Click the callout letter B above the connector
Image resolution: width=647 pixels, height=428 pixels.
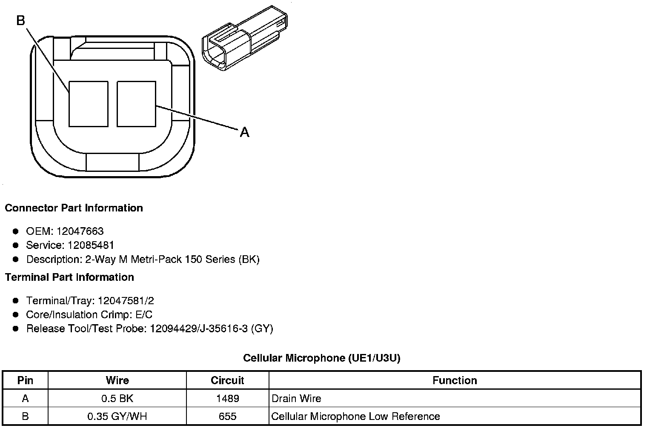point(21,20)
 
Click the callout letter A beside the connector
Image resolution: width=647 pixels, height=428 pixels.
point(244,132)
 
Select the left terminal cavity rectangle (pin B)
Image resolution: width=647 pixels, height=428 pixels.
point(89,104)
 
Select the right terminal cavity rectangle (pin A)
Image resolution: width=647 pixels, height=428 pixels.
point(136,104)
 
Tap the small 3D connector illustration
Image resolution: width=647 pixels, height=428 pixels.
point(245,38)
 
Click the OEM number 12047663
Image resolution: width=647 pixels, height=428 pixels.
point(80,231)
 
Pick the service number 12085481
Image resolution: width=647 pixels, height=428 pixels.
point(91,245)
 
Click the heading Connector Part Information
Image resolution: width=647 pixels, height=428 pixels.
point(74,208)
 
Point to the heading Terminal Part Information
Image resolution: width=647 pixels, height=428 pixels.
point(70,277)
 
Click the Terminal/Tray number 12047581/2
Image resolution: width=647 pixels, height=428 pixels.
point(126,301)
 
